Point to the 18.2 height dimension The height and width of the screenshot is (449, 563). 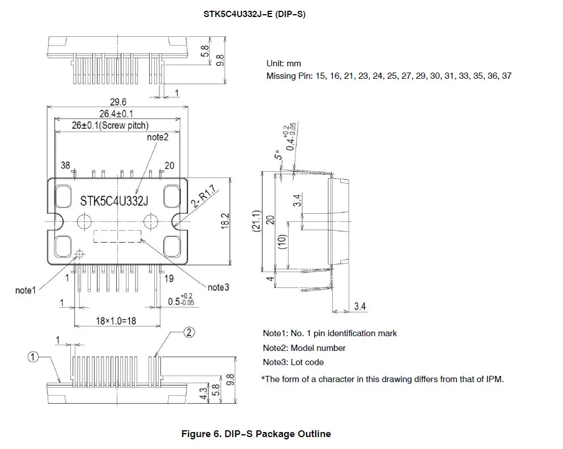[225, 221]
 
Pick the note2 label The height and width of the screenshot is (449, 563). [158, 137]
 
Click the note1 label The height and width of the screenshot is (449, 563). [26, 290]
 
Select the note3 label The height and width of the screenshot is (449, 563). [218, 287]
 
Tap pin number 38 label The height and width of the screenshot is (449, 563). [66, 166]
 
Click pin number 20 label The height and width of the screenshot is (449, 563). [169, 166]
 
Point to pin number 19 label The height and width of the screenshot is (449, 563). [168, 278]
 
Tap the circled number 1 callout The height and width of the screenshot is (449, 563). [33, 357]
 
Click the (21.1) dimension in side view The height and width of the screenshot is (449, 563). [256, 221]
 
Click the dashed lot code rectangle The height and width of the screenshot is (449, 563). [117, 236]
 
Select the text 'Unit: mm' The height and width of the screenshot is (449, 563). [283, 64]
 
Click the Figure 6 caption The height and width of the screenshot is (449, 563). [256, 434]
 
